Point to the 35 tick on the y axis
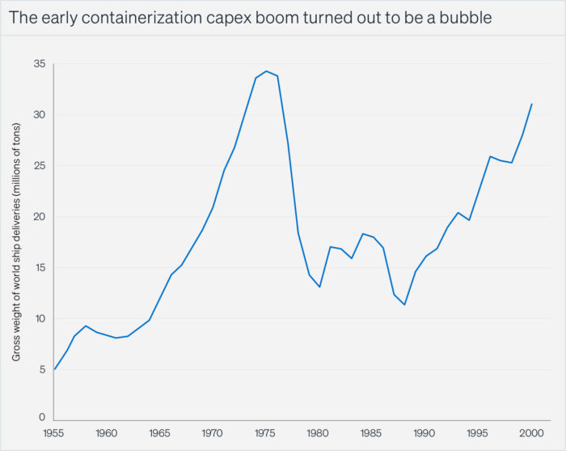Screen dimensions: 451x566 [x=40, y=64]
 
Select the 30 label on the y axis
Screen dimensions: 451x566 [x=40, y=115]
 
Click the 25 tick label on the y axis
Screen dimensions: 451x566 [x=40, y=166]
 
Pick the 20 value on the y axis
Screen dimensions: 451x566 [x=40, y=217]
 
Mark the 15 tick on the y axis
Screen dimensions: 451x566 [x=40, y=268]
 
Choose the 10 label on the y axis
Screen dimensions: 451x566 [x=40, y=319]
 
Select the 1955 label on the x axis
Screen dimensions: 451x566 [x=54, y=433]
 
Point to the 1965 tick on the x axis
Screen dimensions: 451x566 [x=160, y=433]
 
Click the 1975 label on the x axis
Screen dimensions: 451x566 [x=267, y=433]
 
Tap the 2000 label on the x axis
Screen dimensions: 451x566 [x=531, y=433]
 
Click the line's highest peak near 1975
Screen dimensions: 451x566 [x=267, y=71]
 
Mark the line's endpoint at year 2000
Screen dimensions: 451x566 [x=532, y=104]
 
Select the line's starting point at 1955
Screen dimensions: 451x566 [x=54, y=369]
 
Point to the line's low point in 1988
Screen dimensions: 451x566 [x=404, y=304]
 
